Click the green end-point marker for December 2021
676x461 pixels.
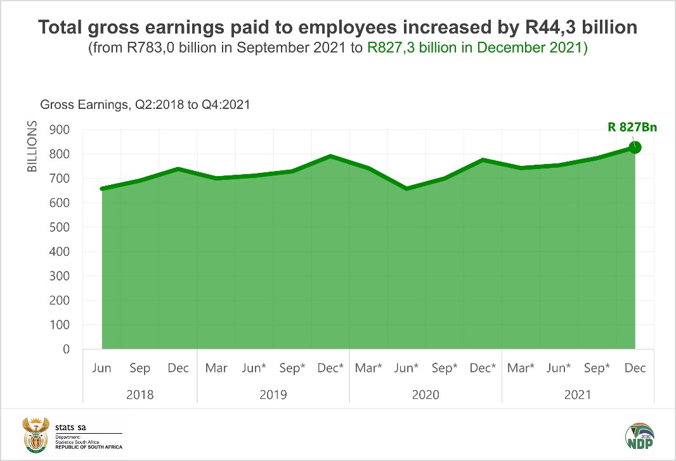click(635, 148)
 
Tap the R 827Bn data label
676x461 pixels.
click(632, 127)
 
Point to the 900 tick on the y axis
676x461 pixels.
click(74, 130)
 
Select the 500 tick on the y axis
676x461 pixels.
click(74, 227)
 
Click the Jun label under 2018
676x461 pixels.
click(101, 368)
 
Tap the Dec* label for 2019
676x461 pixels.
click(330, 368)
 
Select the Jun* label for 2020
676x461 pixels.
click(406, 368)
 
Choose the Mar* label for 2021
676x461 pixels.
click(521, 368)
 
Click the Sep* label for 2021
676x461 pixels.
click(597, 368)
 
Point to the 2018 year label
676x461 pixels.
click(140, 395)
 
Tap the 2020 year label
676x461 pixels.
click(426, 395)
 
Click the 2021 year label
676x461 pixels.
click(578, 395)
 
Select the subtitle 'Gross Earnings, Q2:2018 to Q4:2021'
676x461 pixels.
click(145, 105)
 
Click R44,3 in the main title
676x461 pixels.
click(569, 28)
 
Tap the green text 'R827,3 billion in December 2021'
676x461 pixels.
click(478, 49)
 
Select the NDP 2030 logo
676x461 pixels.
click(639, 435)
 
